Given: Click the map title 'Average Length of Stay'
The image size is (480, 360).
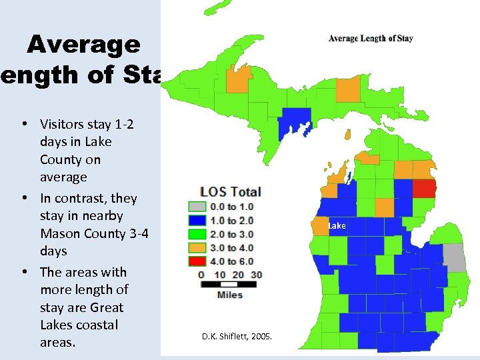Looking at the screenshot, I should pyautogui.click(x=371, y=38).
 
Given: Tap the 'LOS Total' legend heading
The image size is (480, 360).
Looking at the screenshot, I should pyautogui.click(x=230, y=192).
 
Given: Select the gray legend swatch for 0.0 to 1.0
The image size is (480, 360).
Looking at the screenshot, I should pyautogui.click(x=195, y=207).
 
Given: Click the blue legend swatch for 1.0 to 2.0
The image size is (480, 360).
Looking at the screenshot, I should pyautogui.click(x=195, y=220).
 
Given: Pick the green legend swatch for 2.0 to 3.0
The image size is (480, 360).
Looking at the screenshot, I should pyautogui.click(x=195, y=233).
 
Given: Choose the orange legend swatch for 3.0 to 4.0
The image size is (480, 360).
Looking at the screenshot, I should pyautogui.click(x=195, y=247).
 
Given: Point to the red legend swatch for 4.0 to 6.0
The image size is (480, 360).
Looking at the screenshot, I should pyautogui.click(x=195, y=260).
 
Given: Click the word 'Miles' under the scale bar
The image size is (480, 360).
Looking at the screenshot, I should pyautogui.click(x=230, y=295).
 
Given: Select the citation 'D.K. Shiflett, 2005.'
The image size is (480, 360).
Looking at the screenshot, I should pyautogui.click(x=237, y=337).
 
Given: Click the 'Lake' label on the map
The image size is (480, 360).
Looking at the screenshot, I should pyautogui.click(x=337, y=226).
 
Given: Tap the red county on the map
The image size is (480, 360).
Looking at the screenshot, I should pyautogui.click(x=424, y=188).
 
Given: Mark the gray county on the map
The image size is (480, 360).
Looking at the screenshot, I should pyautogui.click(x=455, y=257).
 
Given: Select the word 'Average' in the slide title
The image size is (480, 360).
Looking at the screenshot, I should pyautogui.click(x=84, y=45).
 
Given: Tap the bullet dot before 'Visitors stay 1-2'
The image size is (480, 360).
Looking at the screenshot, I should pyautogui.click(x=24, y=124).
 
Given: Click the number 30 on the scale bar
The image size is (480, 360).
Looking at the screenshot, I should pyautogui.click(x=256, y=274).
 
